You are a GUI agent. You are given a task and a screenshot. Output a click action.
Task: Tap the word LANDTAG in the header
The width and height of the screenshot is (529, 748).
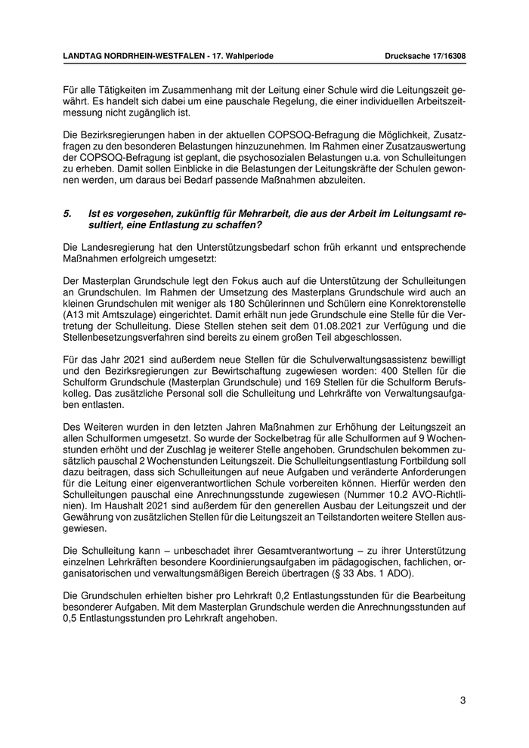84,57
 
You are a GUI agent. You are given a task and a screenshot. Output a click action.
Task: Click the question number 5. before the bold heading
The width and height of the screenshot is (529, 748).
68,215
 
